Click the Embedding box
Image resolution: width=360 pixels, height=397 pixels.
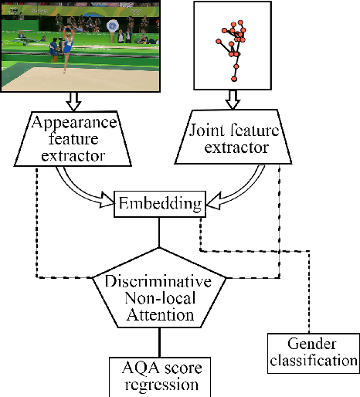click(x=158, y=205)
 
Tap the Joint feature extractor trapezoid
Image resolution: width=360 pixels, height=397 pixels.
click(x=233, y=139)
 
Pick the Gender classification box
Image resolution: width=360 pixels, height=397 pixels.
click(x=312, y=351)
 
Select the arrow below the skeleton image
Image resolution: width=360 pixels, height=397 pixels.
click(x=233, y=101)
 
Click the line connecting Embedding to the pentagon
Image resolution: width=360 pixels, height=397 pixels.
click(x=158, y=233)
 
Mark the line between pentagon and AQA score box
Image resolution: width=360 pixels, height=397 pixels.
click(x=158, y=343)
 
